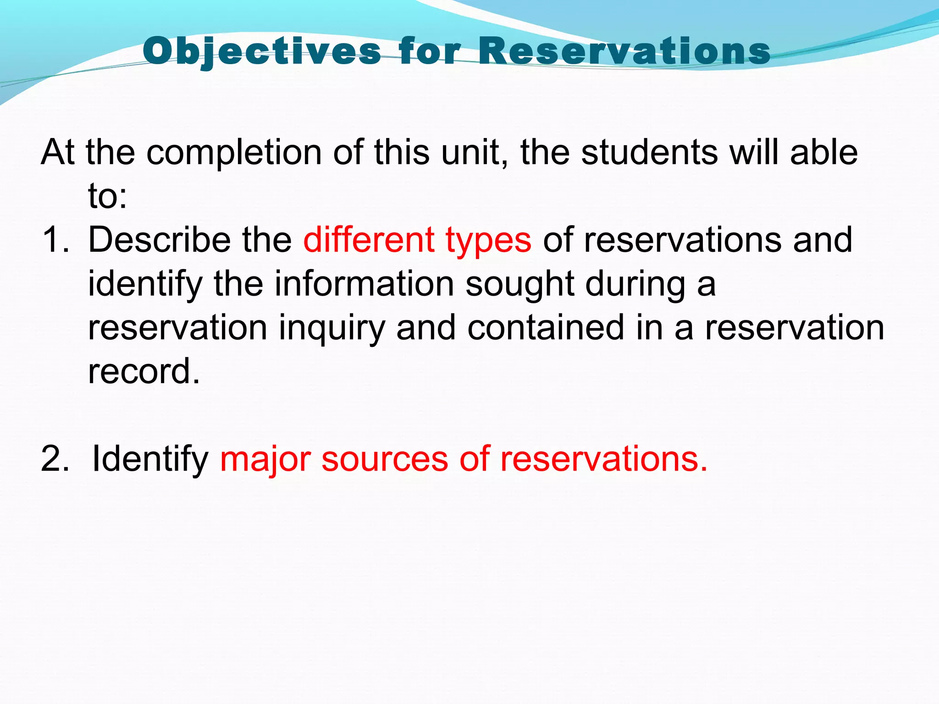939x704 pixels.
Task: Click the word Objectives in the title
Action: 262,51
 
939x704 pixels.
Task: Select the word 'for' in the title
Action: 430,51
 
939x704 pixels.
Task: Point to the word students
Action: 649,152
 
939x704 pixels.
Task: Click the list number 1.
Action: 55,240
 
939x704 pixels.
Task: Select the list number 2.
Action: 55,459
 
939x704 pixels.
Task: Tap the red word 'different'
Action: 369,240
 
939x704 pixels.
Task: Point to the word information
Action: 364,283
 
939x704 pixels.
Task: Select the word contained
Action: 546,327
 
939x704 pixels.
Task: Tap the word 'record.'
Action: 144,371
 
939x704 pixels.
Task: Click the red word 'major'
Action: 265,460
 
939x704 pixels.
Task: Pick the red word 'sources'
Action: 384,460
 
